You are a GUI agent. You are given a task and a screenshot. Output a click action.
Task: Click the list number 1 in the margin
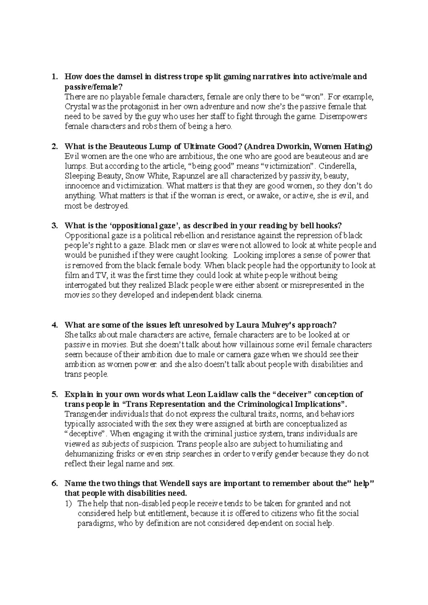click(x=53, y=77)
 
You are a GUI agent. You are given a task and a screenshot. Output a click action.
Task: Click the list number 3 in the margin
click(x=54, y=226)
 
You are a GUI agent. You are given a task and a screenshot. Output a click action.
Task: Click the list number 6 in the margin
click(x=54, y=484)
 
